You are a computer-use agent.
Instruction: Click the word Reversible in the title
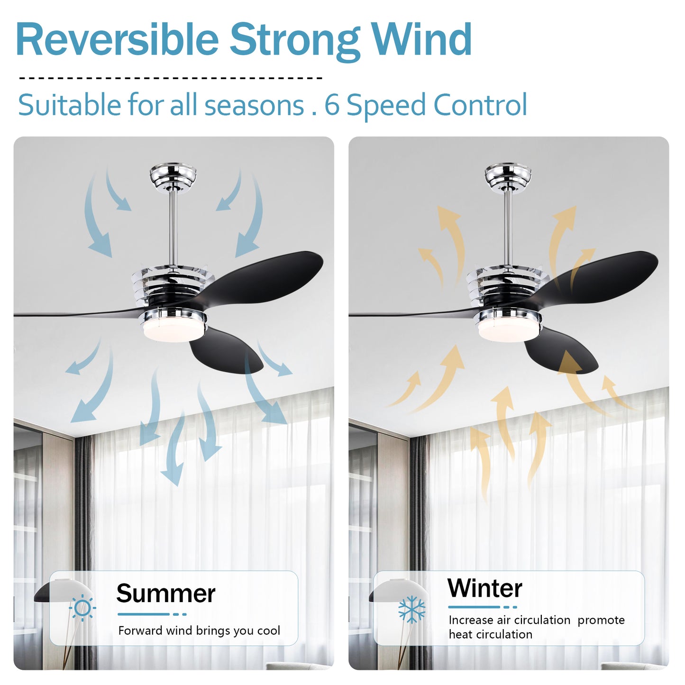pos(117,39)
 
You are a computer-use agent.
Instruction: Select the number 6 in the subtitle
pos(332,105)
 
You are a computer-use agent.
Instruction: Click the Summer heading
pos(165,594)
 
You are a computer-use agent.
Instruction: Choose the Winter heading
pos(484,588)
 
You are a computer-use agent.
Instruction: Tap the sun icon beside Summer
pos(82,608)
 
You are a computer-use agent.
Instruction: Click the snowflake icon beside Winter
pos(411,610)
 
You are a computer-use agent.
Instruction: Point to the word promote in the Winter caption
pos(601,621)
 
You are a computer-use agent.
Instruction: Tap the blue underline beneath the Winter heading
pos(483,607)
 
